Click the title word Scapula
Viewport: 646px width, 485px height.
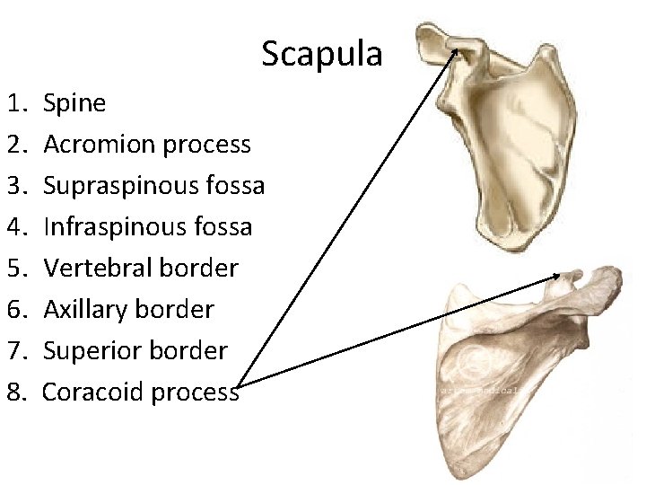321,55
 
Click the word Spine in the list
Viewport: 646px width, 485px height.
74,103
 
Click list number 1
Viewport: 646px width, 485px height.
17,103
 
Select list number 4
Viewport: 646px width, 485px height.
17,227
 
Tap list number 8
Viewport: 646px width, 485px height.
17,392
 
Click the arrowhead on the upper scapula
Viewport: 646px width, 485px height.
455,51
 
